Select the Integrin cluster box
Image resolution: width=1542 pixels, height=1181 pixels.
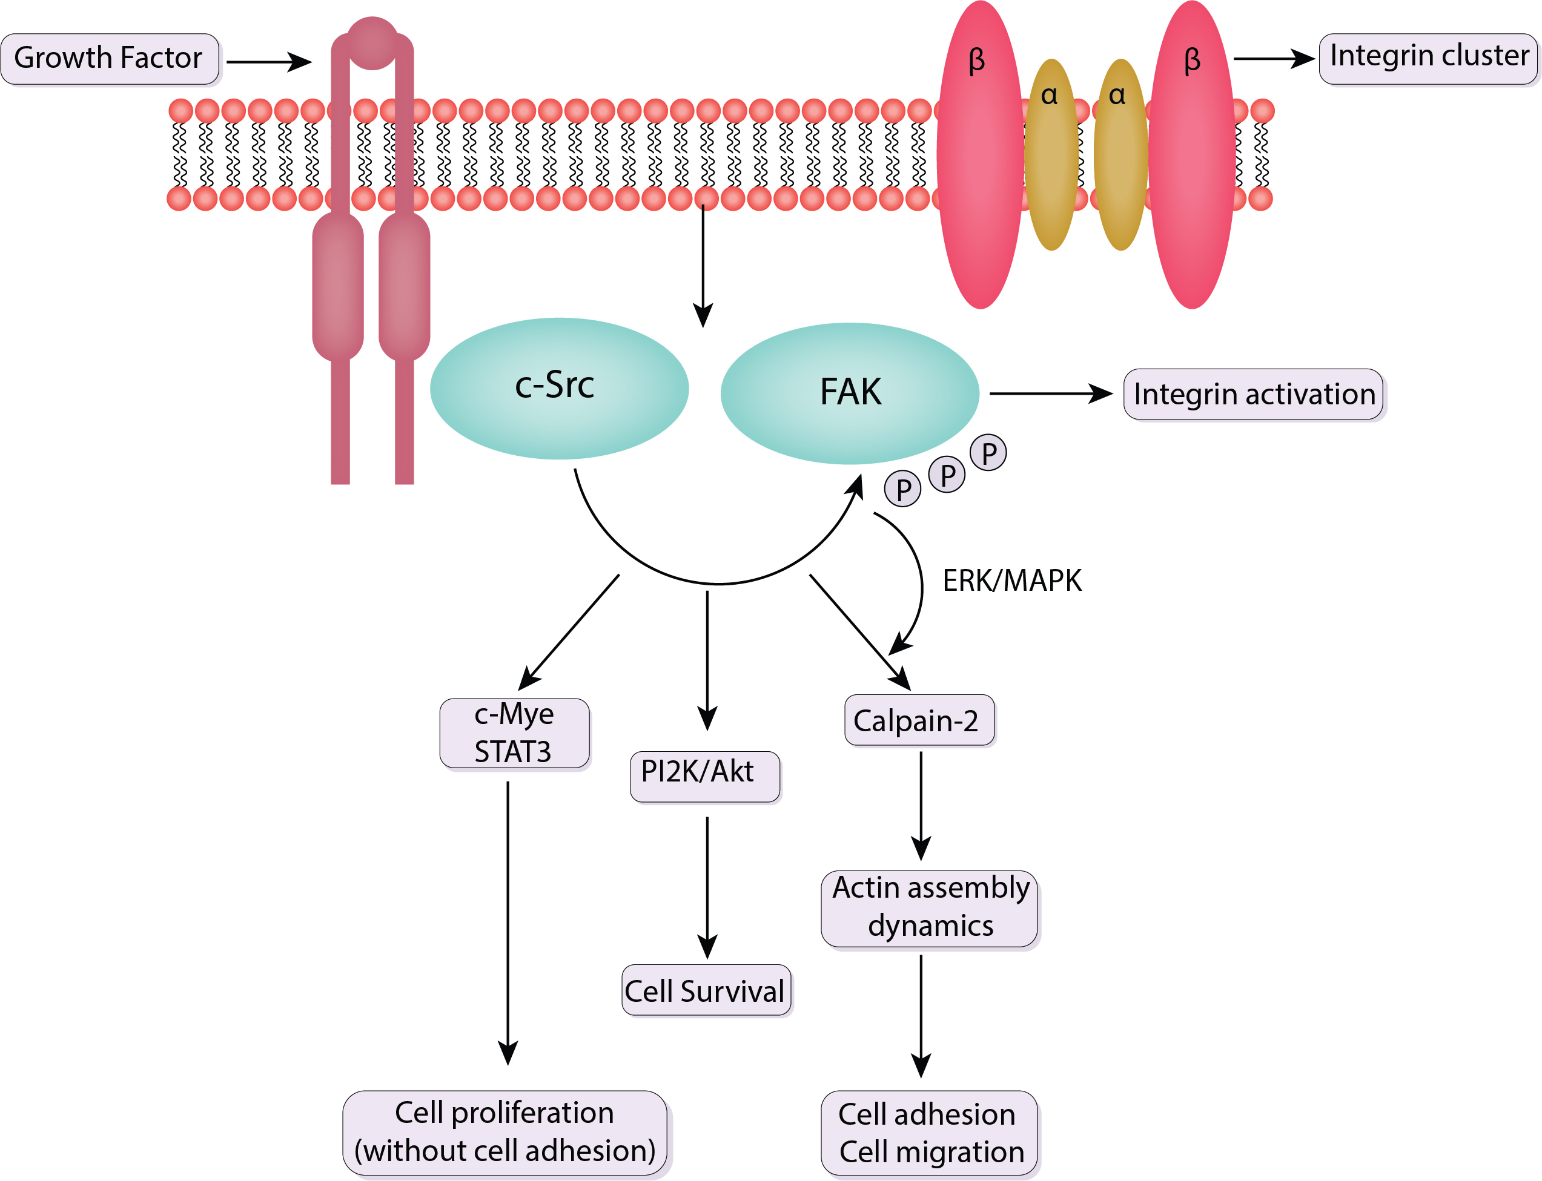click(1428, 58)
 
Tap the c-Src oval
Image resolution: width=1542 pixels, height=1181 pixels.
click(559, 389)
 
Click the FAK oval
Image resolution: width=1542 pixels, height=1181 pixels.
click(849, 393)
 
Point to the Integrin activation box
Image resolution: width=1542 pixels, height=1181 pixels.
click(1253, 394)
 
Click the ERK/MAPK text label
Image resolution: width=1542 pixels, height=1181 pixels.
click(1011, 581)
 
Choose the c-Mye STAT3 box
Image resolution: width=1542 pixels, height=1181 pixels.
click(514, 733)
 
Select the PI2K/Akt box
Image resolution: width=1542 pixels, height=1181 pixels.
click(704, 776)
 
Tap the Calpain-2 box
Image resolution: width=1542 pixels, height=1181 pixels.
click(919, 720)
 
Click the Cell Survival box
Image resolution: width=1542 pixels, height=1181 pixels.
click(706, 990)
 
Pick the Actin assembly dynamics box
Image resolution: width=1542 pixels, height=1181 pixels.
click(930, 908)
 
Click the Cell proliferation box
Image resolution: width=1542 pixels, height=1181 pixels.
click(505, 1132)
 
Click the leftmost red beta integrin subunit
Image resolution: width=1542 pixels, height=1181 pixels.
click(980, 154)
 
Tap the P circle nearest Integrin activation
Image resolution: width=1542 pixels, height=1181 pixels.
click(988, 453)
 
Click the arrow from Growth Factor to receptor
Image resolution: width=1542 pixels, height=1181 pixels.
click(268, 62)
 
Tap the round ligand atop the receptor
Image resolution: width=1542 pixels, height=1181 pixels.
click(372, 43)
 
